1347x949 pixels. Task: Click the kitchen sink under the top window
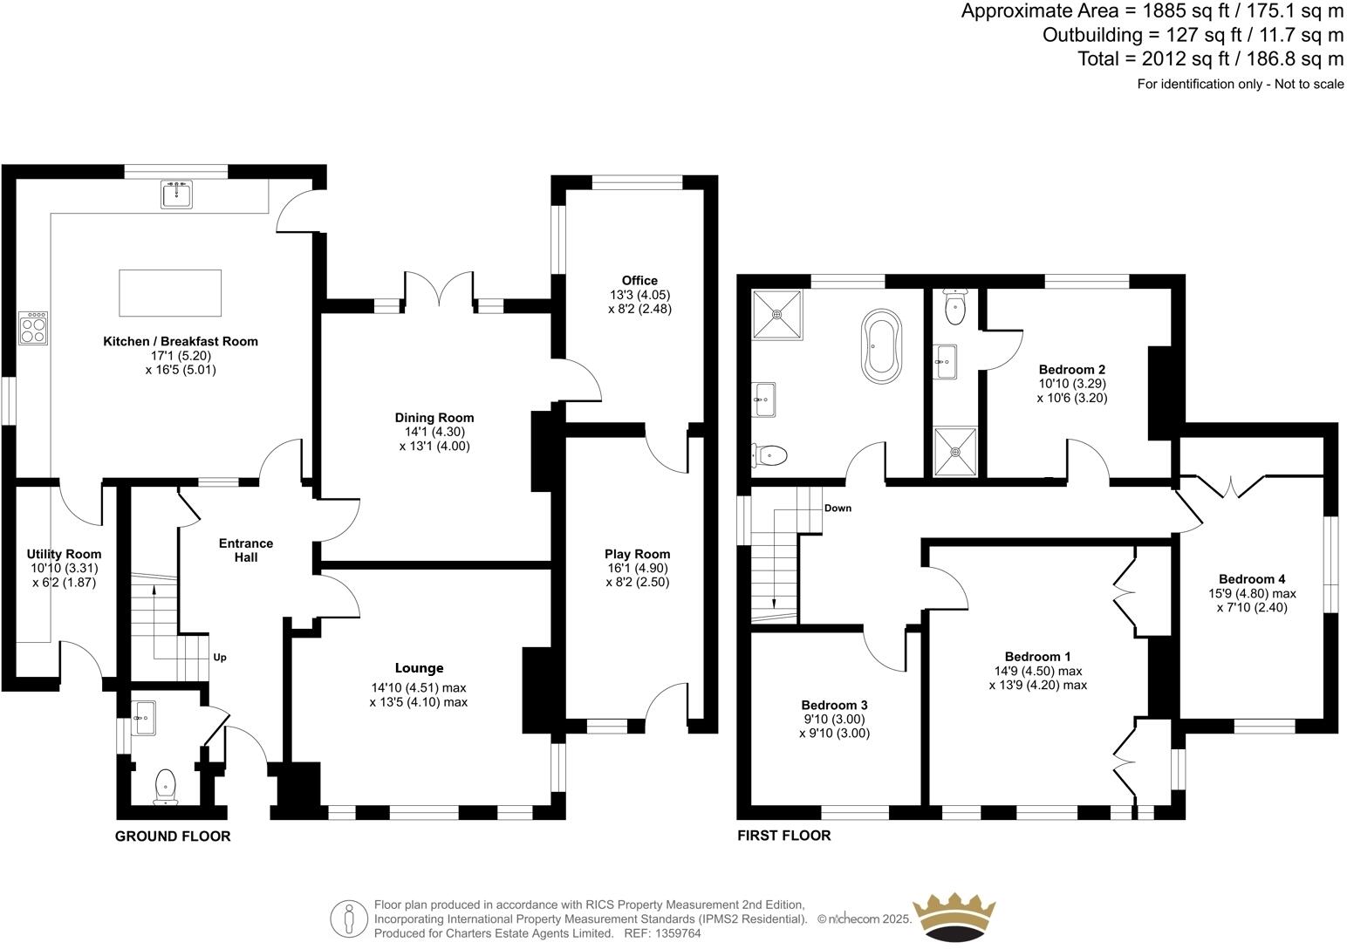(177, 195)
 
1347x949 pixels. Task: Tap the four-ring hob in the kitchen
(33, 328)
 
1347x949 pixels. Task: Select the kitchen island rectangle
(170, 292)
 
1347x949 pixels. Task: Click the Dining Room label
(434, 418)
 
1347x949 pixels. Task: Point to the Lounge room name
(419, 668)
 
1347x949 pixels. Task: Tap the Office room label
(639, 280)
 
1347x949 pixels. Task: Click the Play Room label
(637, 554)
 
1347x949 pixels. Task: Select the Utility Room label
(64, 554)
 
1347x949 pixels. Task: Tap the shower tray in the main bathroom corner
(776, 312)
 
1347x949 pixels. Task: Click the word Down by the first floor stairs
(838, 508)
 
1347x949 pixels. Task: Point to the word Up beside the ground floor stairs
(220, 658)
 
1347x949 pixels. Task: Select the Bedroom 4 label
(1251, 579)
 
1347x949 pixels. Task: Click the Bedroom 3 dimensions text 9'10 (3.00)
(834, 719)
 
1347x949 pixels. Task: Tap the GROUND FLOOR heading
(173, 836)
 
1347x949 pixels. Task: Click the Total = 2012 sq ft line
(1211, 59)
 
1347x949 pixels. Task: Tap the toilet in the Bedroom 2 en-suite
(956, 306)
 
